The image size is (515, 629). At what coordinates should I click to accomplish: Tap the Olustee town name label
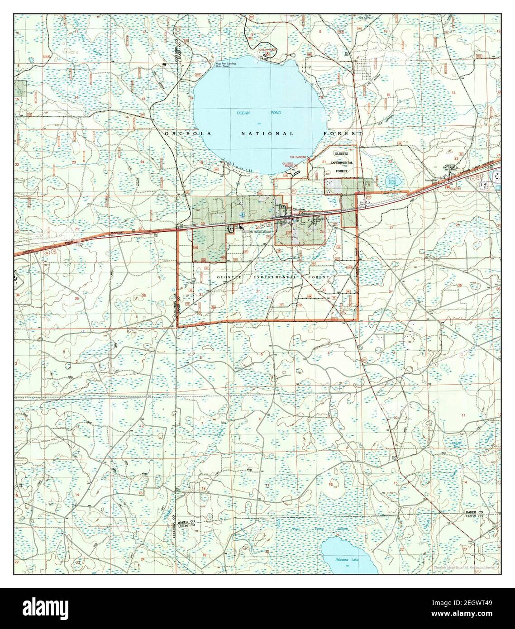point(299,209)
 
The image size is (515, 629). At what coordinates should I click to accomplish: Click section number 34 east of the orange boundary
point(391,292)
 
